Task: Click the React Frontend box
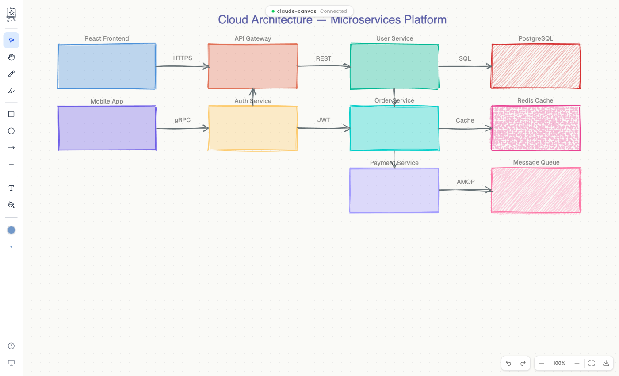coord(107,66)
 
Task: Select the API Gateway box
coord(253,66)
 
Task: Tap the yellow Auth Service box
coord(253,128)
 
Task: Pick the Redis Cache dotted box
coord(535,128)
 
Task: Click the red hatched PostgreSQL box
coord(535,66)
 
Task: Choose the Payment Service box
coord(394,191)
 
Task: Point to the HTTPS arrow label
coord(183,58)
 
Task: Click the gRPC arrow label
coord(182,120)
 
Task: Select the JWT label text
coord(324,120)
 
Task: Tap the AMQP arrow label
coord(466,182)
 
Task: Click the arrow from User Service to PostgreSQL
coord(465,66)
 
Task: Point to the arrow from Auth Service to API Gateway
coord(253,97)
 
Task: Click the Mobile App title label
coord(107,101)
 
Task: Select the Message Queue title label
coord(536,162)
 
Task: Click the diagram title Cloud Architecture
coord(332,20)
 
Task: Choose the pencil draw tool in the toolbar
coord(11,74)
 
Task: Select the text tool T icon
coord(11,188)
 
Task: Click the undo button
coord(508,363)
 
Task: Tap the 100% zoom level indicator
coord(559,363)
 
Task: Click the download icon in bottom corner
coord(606,363)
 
